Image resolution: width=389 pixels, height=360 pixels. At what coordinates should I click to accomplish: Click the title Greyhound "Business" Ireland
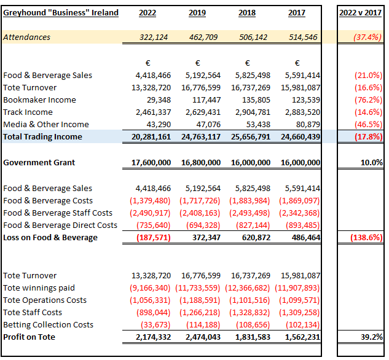(61, 13)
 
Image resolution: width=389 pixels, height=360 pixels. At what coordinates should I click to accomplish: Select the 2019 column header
(197, 13)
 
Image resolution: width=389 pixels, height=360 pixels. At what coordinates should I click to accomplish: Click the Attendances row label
(27, 37)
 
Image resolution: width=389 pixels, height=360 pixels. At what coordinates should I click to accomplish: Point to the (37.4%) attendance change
(367, 37)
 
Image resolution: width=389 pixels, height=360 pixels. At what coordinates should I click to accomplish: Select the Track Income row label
(28, 112)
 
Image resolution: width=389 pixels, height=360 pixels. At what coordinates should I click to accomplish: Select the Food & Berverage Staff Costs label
(58, 213)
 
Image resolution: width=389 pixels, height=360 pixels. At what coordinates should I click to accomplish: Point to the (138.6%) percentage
(365, 238)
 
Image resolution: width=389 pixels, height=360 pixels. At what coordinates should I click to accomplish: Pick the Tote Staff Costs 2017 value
(298, 313)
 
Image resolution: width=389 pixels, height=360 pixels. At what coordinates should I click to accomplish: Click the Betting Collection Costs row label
(49, 325)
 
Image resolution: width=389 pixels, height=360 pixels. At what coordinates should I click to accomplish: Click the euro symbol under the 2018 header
(247, 63)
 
